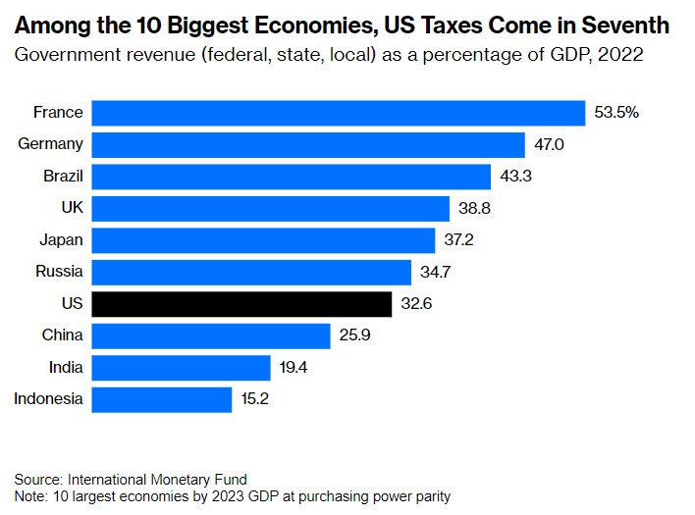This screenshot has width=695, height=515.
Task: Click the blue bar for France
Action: click(x=338, y=113)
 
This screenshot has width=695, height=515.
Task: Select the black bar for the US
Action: click(x=241, y=304)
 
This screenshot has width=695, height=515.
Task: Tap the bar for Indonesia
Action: click(x=161, y=399)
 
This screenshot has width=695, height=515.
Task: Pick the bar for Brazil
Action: click(x=291, y=177)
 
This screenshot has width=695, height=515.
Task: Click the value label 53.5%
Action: click(x=616, y=113)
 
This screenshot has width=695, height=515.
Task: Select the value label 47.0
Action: click(x=550, y=145)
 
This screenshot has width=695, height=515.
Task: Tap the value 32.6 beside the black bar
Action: click(x=416, y=304)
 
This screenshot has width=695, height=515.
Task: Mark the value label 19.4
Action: click(x=294, y=368)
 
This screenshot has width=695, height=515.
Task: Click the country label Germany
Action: click(x=50, y=145)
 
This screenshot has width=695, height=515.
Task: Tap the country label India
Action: click(x=65, y=368)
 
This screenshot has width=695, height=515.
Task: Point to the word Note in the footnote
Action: click(x=29, y=495)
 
